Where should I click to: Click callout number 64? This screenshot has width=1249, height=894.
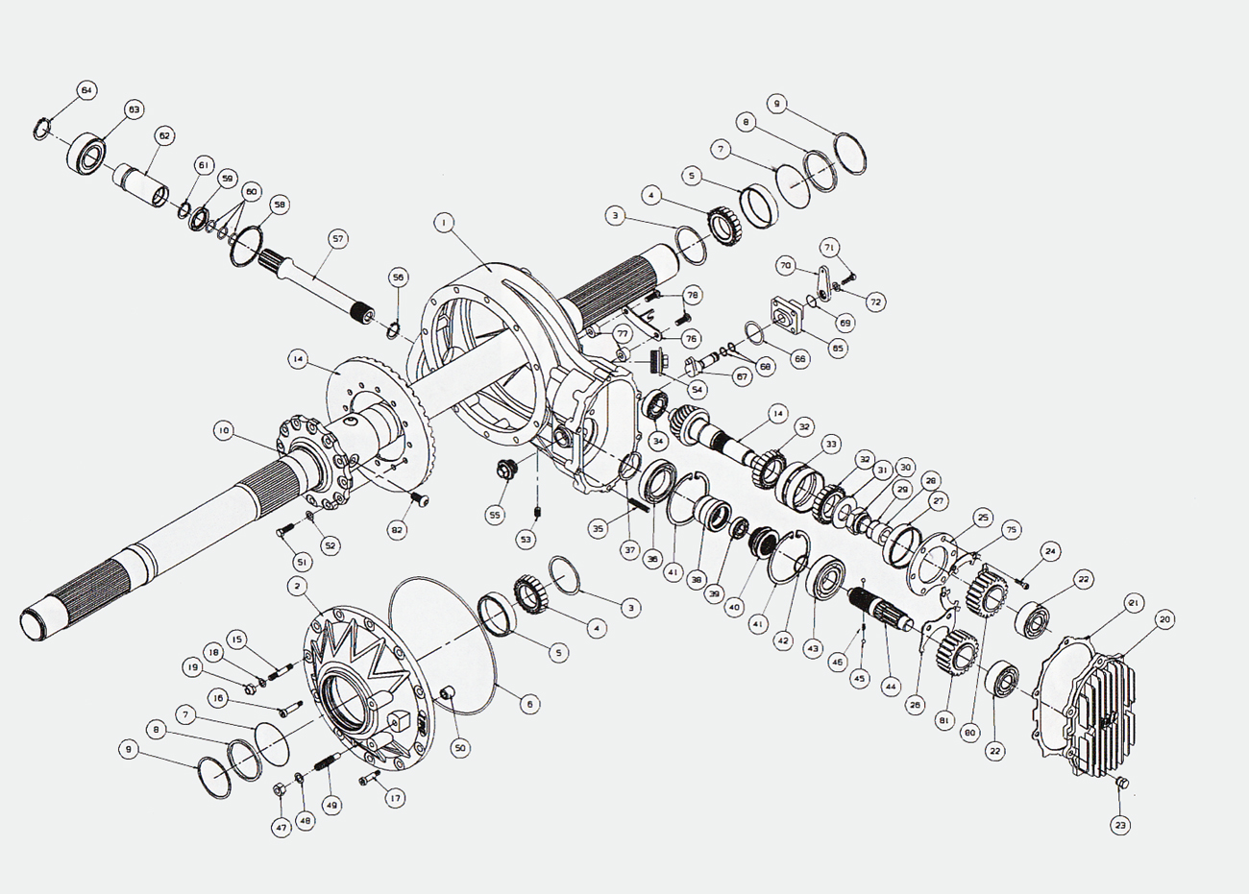(86, 90)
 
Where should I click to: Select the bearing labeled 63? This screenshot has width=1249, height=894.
(87, 154)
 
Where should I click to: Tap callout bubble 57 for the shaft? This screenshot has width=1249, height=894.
(337, 237)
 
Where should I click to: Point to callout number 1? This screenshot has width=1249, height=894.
(443, 223)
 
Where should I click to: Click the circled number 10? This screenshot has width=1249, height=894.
(223, 431)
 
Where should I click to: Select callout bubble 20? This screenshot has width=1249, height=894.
(1164, 619)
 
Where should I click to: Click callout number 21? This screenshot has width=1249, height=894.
(1134, 603)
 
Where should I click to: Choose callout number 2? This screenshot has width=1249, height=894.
(299, 585)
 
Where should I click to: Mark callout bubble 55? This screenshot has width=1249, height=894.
(495, 515)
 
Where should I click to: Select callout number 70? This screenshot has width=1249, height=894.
(785, 265)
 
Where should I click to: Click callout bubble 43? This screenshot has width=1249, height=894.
(813, 649)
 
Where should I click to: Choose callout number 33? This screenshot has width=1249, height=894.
(831, 444)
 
